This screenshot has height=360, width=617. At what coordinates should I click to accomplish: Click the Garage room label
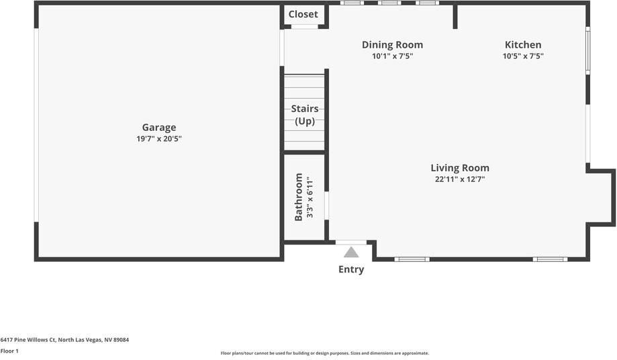coord(159,128)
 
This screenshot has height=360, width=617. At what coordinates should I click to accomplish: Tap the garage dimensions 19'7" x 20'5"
coord(159,138)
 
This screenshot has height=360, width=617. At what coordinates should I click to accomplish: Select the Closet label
coord(303,14)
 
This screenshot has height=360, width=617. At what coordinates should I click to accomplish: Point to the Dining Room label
coord(392,45)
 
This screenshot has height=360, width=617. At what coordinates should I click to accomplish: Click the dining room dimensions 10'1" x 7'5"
coord(392,56)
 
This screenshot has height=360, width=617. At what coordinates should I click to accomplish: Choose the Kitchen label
coord(523,44)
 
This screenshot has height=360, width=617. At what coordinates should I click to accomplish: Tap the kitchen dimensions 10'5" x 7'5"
coord(523,56)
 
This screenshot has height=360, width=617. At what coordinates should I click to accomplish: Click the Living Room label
coord(460,168)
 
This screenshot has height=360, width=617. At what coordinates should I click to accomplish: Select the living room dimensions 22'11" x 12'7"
coord(460,179)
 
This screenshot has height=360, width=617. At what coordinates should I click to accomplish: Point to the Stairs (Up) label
coord(305,115)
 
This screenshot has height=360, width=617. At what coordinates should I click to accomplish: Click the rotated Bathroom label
coord(298,197)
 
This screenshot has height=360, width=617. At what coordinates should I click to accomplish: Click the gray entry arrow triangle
coord(351,252)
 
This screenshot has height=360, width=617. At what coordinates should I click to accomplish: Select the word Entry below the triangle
coord(351,269)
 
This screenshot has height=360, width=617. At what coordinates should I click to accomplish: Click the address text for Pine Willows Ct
coord(64,340)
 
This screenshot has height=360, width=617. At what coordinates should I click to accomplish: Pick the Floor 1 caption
coord(9,351)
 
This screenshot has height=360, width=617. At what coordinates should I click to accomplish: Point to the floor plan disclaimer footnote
coord(325,353)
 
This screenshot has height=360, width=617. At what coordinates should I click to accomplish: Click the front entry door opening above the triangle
coord(351,242)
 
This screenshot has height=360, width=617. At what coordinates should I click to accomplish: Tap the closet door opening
coord(305,27)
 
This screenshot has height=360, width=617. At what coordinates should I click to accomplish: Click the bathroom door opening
coord(326,206)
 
